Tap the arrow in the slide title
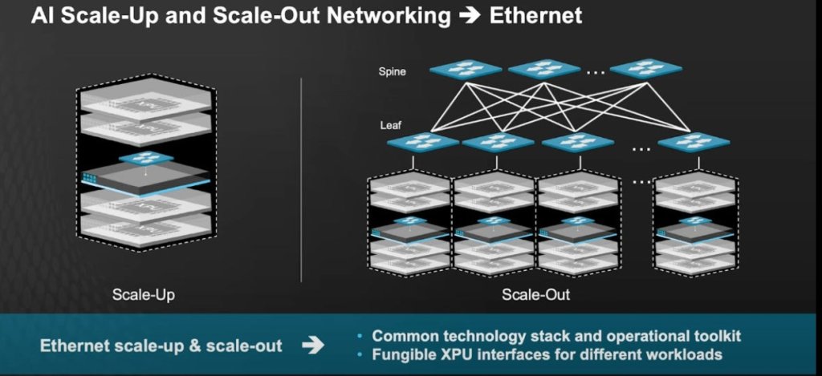click(464, 16)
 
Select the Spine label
click(393, 71)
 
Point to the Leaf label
click(390, 125)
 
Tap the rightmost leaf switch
click(694, 142)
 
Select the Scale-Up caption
click(144, 295)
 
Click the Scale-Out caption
click(536, 295)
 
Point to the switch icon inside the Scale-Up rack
click(145, 158)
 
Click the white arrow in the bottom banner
click(314, 346)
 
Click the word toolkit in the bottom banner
click(714, 337)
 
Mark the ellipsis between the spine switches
click(595, 71)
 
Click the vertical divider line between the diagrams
click(301, 180)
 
